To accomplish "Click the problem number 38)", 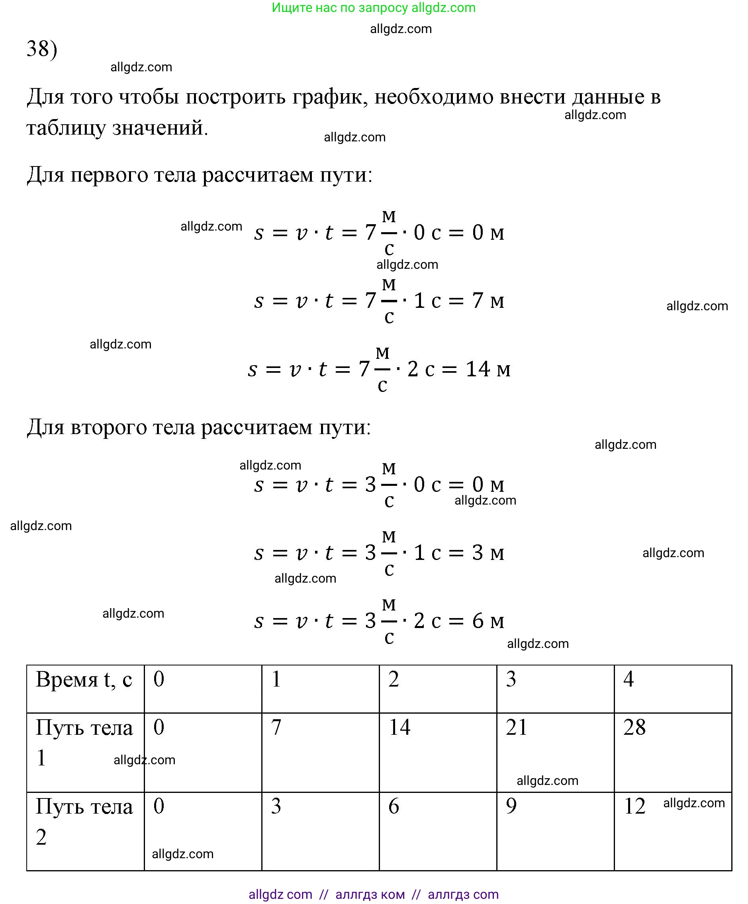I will pos(42,48).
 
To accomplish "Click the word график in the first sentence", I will pos(327,96).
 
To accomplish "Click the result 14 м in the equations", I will pos(488,369).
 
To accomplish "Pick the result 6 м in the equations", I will pos(488,621).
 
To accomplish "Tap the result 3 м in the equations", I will pos(488,553).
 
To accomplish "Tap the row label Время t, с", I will pos(84,680).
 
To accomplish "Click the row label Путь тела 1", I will pos(84,742).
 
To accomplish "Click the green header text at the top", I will pos(373,8).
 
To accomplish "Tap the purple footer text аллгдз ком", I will pos(370,894).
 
